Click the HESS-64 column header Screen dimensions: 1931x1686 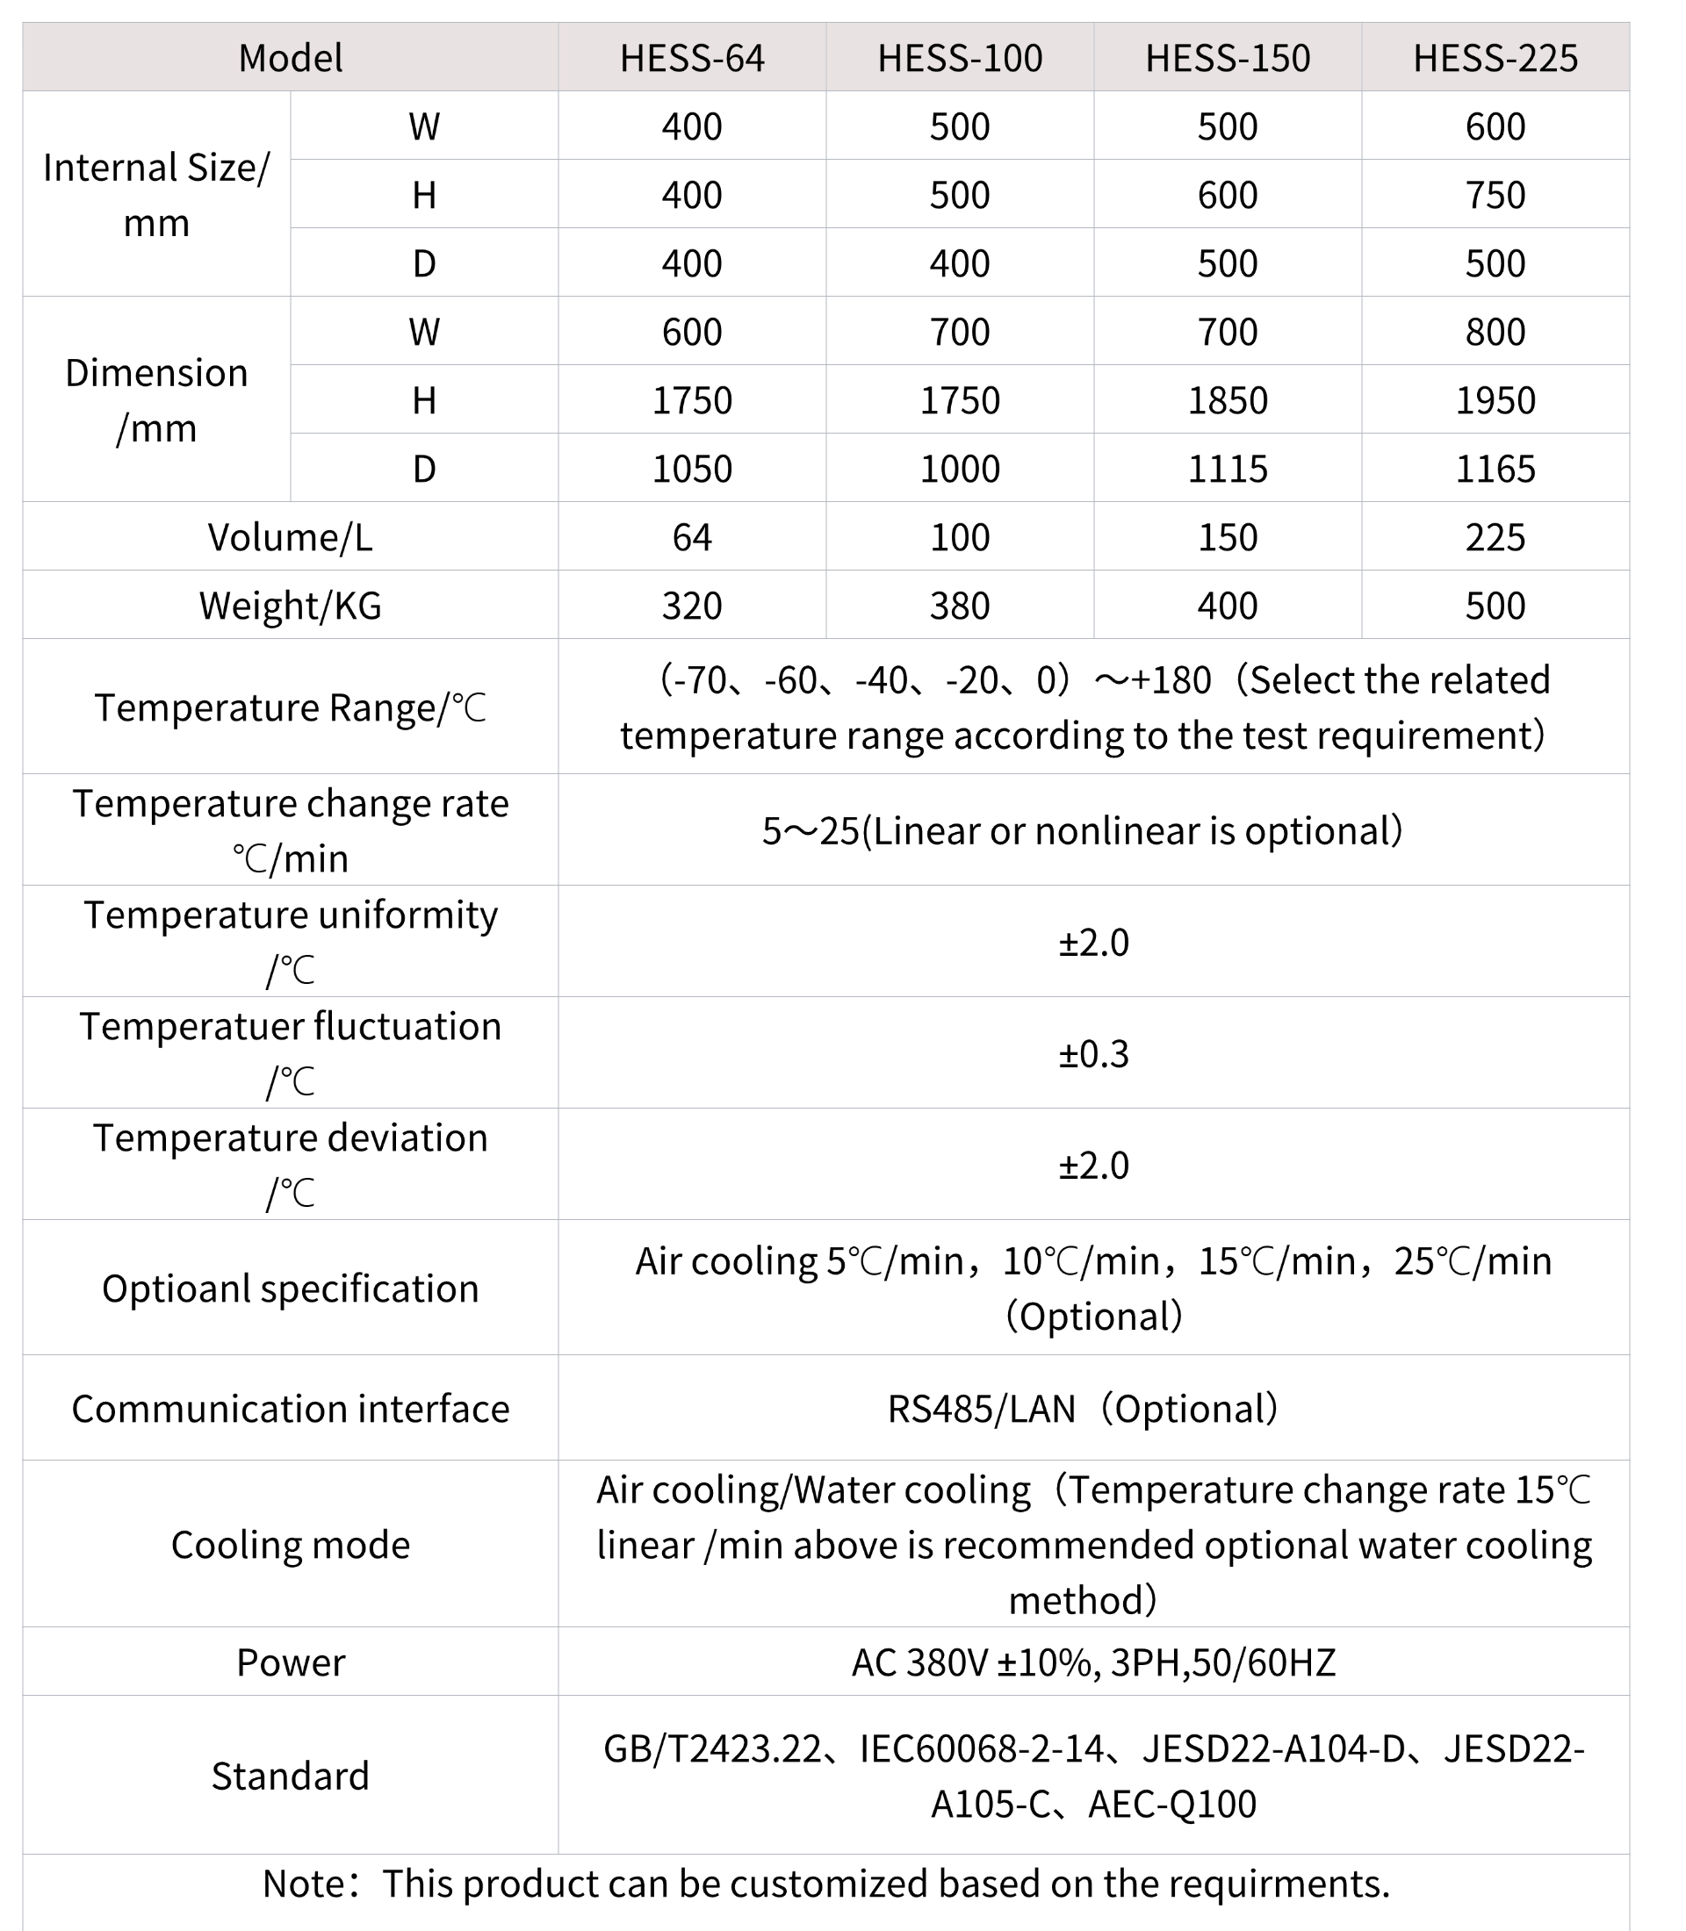pos(692,58)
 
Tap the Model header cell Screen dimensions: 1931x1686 pos(290,58)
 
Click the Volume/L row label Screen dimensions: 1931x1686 pos(290,537)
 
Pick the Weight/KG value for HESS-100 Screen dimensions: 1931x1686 pos(959,606)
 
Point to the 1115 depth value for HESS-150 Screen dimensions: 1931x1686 pos(1227,469)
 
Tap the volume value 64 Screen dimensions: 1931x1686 pos(692,537)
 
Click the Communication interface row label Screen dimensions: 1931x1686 pos(290,1409)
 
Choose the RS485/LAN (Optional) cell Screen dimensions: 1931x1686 pos(1082,1409)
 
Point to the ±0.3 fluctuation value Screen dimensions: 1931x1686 pos(1093,1054)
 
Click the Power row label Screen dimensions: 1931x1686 pos(290,1663)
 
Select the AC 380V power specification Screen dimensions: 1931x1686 pos(1093,1663)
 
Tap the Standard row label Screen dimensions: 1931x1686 pos(290,1776)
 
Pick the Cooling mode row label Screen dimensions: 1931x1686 pos(290,1545)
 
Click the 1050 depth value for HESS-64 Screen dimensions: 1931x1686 pos(692,469)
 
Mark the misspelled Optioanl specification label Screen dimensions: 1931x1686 pos(290,1289)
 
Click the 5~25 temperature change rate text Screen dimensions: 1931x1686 pos(1082,830)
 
